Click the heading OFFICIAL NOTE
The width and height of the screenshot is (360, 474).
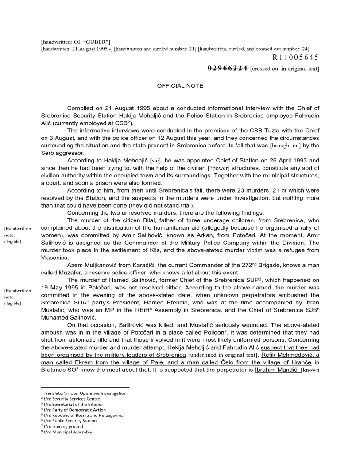180,86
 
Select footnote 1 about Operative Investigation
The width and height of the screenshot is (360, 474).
83,393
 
